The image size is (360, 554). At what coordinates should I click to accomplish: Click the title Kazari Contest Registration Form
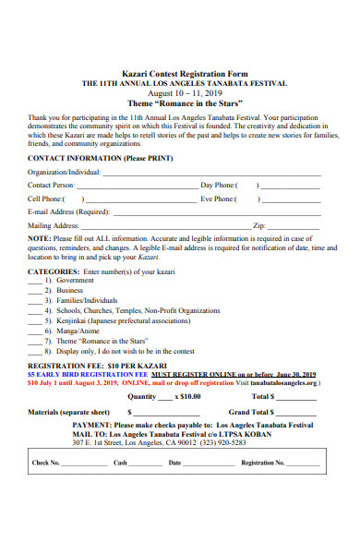click(x=179, y=72)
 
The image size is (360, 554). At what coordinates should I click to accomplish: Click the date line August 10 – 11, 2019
click(x=179, y=92)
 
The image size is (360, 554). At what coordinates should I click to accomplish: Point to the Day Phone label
click(x=220, y=185)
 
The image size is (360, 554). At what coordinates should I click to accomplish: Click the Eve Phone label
click(x=220, y=198)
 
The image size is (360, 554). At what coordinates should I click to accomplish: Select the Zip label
click(x=259, y=224)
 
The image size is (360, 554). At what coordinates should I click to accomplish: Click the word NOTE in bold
click(x=39, y=237)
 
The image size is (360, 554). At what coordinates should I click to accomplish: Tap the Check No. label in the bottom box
click(x=46, y=463)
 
